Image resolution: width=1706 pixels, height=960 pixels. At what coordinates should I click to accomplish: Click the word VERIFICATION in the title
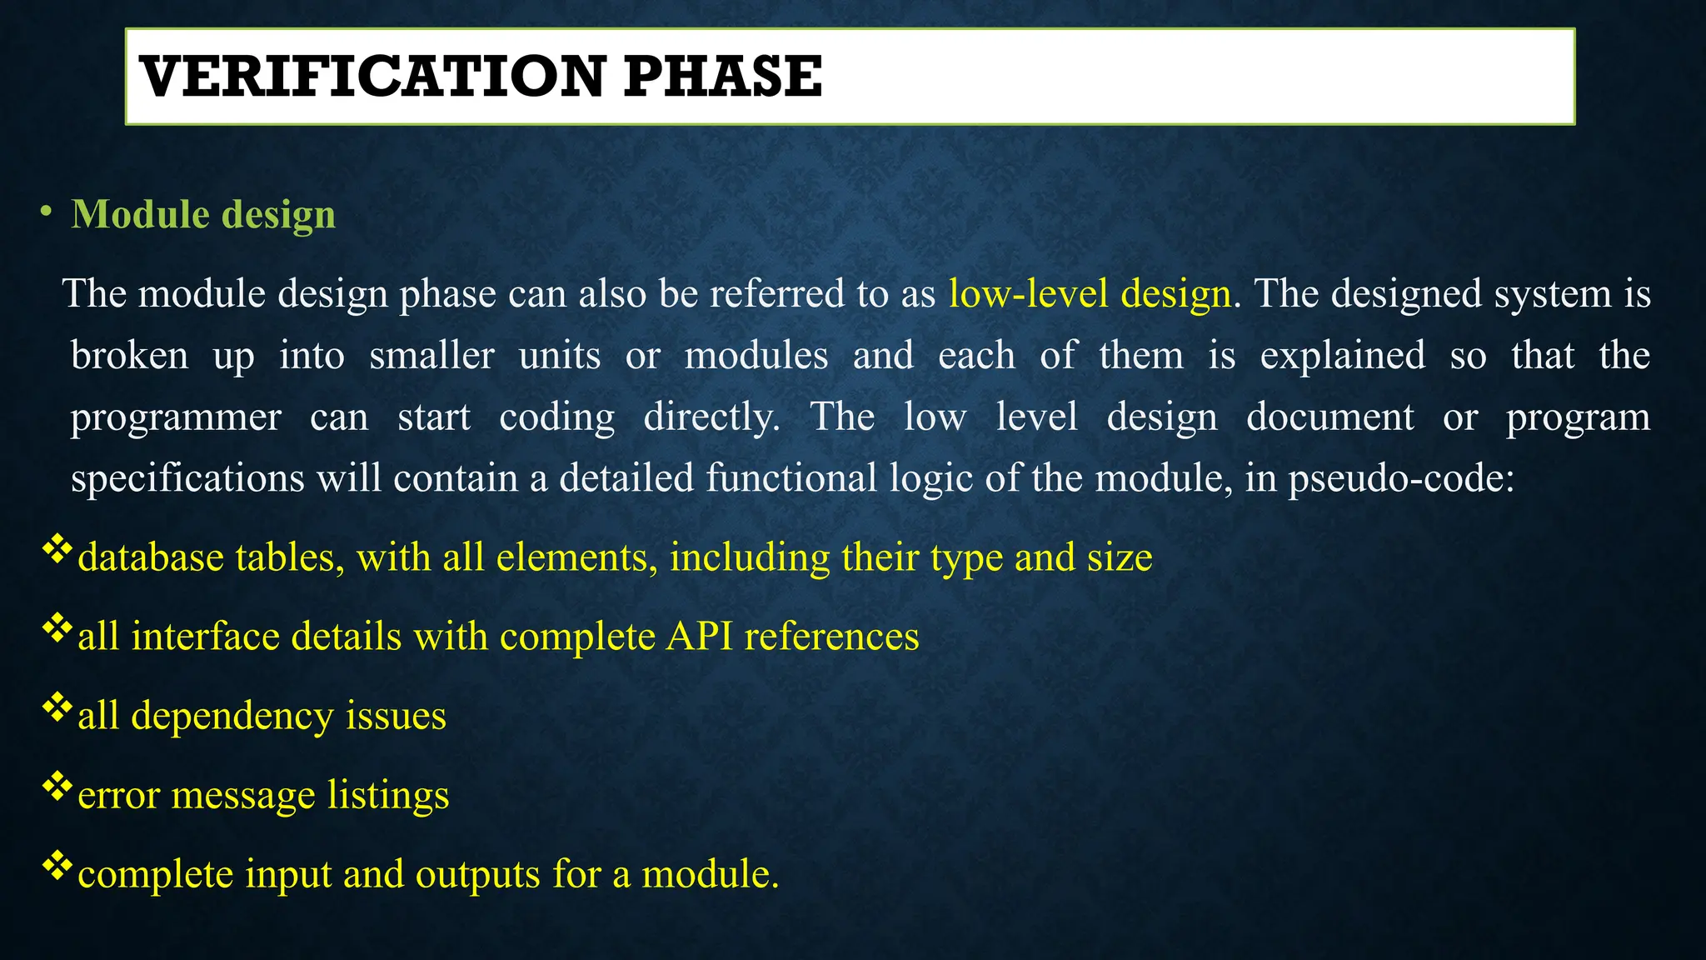tap(372, 77)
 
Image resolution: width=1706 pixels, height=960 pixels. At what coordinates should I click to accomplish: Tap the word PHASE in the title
tap(722, 77)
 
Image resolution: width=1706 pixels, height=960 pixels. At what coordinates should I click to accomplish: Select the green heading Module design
tap(203, 214)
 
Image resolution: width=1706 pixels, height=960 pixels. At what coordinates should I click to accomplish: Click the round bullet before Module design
tap(46, 212)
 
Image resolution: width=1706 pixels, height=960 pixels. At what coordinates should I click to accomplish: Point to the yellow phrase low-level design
tap(1090, 293)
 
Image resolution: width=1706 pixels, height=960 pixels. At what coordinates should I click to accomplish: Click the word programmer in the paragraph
tap(176, 417)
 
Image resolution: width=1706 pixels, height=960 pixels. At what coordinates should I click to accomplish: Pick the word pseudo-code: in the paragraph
tap(1401, 478)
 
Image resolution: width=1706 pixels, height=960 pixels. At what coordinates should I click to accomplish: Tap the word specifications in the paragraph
tap(187, 478)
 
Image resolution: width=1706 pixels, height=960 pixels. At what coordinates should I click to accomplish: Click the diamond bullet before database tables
tap(57, 549)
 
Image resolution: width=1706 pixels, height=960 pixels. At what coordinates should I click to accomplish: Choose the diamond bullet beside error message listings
tap(57, 787)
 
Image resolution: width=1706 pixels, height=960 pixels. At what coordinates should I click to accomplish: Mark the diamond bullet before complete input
tap(57, 866)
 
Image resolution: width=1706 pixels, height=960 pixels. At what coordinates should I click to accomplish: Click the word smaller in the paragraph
tap(431, 355)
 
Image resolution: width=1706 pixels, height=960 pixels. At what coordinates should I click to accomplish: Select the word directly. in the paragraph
tap(711, 417)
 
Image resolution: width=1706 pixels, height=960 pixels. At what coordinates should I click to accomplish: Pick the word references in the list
tap(831, 637)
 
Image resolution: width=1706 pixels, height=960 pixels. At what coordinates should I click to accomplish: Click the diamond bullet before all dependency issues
tap(57, 707)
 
